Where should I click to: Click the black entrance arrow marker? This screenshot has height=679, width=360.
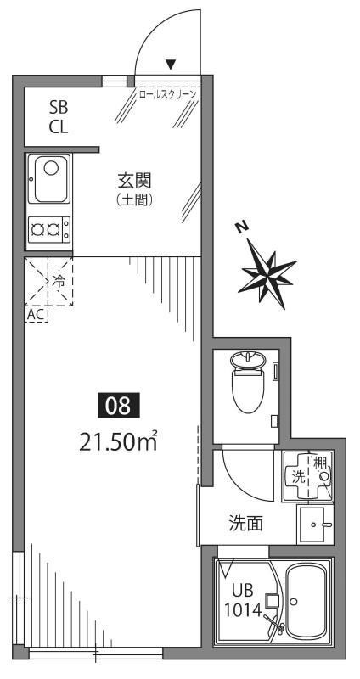(171, 64)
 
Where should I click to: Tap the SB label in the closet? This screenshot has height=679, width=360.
(59, 108)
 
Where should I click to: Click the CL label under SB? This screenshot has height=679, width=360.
(59, 127)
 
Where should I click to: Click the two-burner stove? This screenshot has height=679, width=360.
(49, 227)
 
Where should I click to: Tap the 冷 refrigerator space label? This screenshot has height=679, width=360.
(58, 279)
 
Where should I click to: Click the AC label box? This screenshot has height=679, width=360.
(37, 314)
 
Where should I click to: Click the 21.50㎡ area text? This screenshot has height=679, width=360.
(119, 441)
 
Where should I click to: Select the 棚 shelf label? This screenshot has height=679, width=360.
(321, 463)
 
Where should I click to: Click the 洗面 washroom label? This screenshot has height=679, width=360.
(245, 524)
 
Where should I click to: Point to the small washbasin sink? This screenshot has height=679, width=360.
(319, 525)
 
